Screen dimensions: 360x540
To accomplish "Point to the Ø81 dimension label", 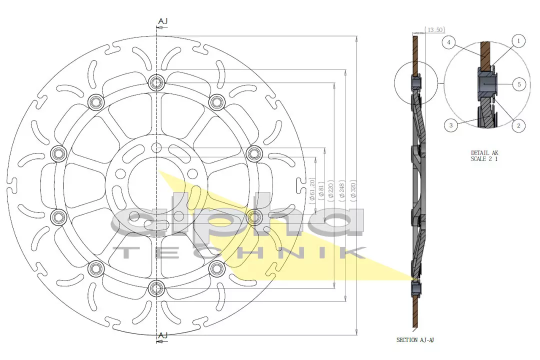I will [321, 190].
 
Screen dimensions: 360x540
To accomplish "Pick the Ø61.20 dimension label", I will [312, 189].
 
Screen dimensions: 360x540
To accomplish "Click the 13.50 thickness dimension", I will [434, 30].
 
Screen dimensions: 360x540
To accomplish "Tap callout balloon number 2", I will [518, 125].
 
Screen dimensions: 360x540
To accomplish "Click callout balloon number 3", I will [451, 125].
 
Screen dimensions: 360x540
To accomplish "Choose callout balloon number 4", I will [449, 43].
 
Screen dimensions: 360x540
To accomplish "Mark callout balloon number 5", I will [519, 84].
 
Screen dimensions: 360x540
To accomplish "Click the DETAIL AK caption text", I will [484, 153].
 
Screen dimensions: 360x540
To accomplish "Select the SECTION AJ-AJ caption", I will [415, 340].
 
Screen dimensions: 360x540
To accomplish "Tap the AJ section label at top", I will [162, 21].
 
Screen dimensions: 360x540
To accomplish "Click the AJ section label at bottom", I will [162, 335].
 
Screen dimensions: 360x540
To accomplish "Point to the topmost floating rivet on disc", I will [156, 82].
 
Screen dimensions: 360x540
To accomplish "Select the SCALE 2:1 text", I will [484, 159].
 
